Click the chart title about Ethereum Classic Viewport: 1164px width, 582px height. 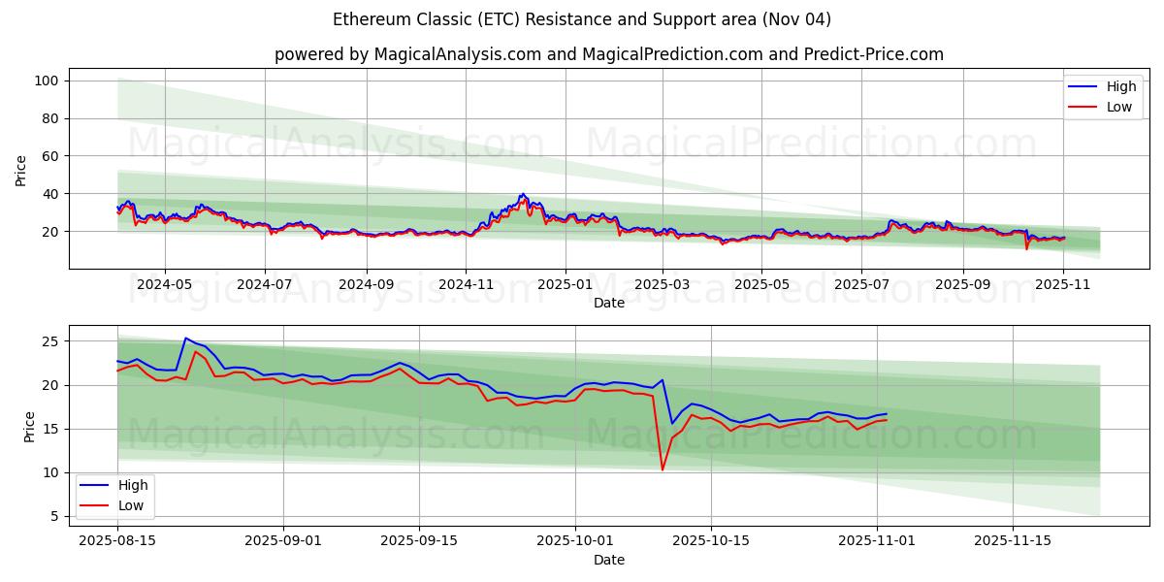[x=582, y=19]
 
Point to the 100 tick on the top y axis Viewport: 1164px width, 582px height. [x=48, y=81]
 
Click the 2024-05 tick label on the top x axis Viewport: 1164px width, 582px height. [x=164, y=285]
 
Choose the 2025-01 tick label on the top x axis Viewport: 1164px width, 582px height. [x=564, y=285]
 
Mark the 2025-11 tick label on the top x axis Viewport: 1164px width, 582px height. [x=1063, y=285]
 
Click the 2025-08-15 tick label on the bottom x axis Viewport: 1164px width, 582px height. [x=117, y=541]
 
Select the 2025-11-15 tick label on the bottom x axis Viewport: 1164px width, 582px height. [x=1014, y=541]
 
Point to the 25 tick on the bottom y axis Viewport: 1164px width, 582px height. [x=50, y=341]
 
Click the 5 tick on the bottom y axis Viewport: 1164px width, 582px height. [x=54, y=516]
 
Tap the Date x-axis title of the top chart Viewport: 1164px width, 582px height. [x=608, y=303]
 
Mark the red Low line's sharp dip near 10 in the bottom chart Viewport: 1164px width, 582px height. [x=663, y=469]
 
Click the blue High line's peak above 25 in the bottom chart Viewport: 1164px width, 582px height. [x=185, y=339]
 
